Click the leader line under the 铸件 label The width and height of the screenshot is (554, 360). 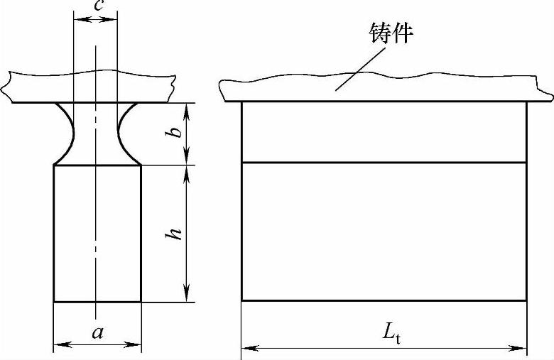click(359, 67)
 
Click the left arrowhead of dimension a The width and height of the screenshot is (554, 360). click(59, 345)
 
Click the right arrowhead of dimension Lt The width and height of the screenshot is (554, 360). click(521, 348)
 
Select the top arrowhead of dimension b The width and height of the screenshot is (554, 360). click(187, 108)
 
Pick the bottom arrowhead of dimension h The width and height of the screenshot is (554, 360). click(187, 295)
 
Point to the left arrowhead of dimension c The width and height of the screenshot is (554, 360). click(78, 19)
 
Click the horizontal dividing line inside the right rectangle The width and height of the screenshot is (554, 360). click(384, 163)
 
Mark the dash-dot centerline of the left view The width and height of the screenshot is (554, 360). click(95, 213)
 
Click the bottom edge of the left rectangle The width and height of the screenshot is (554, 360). click(97, 302)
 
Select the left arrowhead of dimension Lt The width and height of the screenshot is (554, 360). click(247, 348)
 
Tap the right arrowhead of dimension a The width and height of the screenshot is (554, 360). click(136, 345)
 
